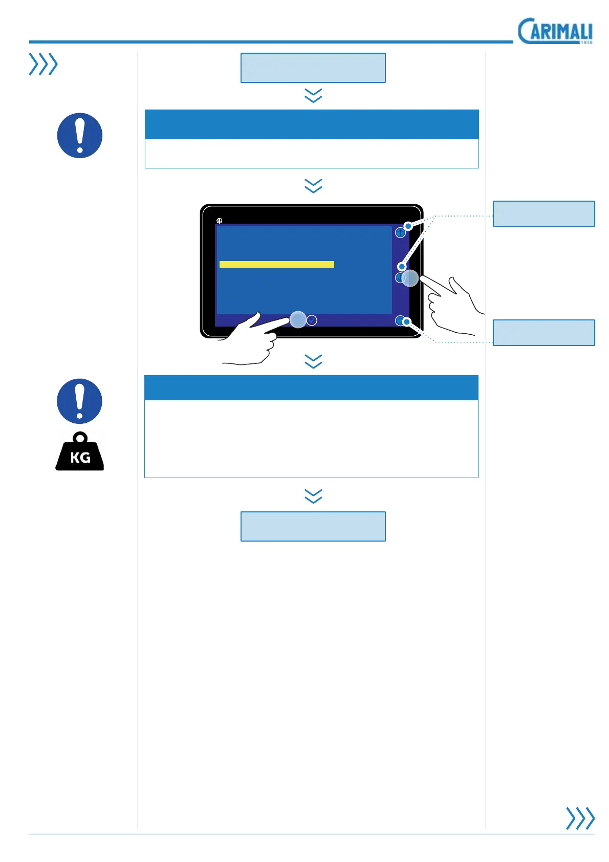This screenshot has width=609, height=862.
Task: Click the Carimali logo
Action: coord(555,31)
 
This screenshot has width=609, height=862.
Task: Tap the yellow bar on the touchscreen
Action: coord(276,264)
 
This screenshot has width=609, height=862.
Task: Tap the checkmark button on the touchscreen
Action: coord(312,320)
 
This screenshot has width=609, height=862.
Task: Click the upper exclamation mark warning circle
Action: coord(80,136)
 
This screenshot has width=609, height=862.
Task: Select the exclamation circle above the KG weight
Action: coord(80,401)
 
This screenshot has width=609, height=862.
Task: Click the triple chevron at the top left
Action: coord(43,64)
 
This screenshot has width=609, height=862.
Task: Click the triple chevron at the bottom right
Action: coord(580,818)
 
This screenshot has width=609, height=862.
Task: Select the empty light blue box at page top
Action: coord(313,68)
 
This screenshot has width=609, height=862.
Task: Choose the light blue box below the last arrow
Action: coord(313,526)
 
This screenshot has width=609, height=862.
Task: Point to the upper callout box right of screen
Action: coord(543,213)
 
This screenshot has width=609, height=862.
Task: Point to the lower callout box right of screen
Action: coord(543,333)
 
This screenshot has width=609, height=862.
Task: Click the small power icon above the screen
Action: coord(219,221)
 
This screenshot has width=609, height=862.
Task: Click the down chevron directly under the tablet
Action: coord(313,361)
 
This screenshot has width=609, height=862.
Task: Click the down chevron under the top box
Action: coord(313,95)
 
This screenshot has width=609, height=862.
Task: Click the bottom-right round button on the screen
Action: coord(400,321)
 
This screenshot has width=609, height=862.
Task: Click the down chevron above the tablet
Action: coord(313,185)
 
